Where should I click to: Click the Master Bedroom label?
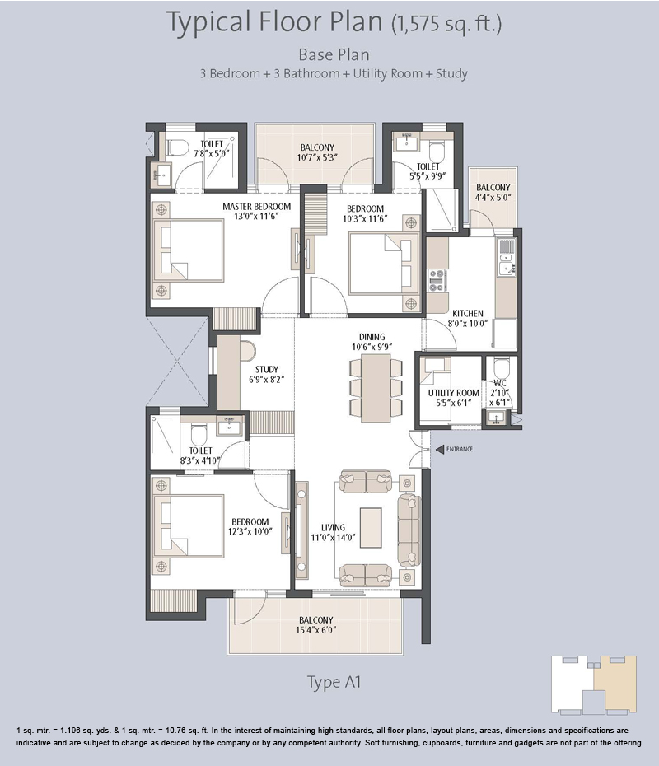click(256, 211)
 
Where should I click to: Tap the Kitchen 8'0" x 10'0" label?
click(468, 318)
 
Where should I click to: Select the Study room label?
click(267, 374)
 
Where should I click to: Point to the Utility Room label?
click(453, 398)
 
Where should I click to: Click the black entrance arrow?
click(439, 450)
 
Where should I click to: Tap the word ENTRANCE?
click(459, 450)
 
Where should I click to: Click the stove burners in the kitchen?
click(437, 281)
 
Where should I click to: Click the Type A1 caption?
click(334, 682)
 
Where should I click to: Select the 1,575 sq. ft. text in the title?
click(446, 23)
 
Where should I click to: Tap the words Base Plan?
click(334, 54)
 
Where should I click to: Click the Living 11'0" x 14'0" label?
click(333, 532)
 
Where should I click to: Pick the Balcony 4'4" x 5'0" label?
click(493, 192)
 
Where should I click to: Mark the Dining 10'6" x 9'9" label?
click(372, 342)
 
